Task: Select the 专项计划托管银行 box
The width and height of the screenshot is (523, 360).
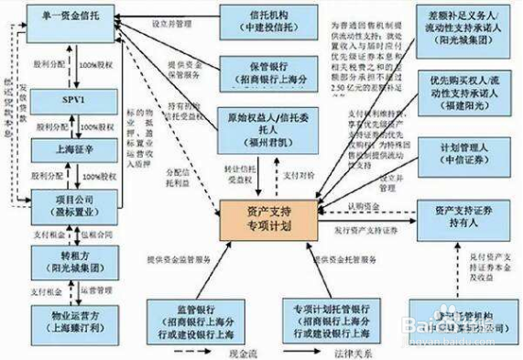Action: pos(331,319)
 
